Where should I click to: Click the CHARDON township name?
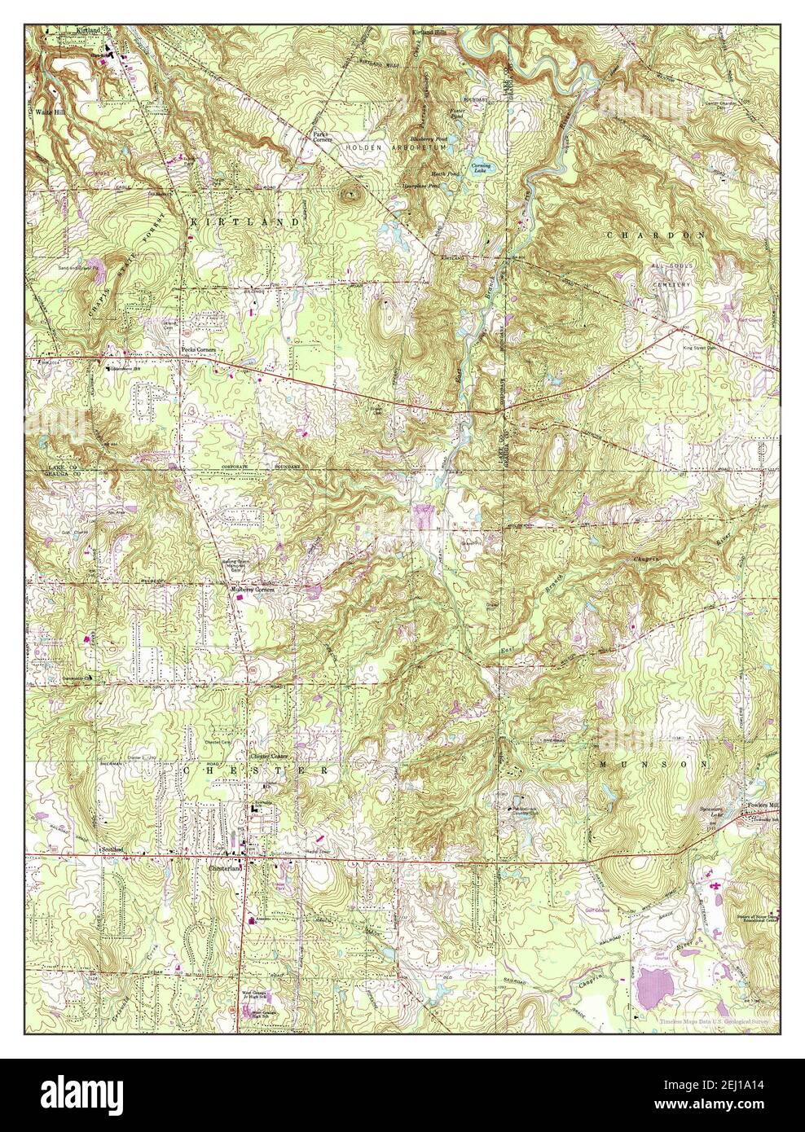click(654, 234)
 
